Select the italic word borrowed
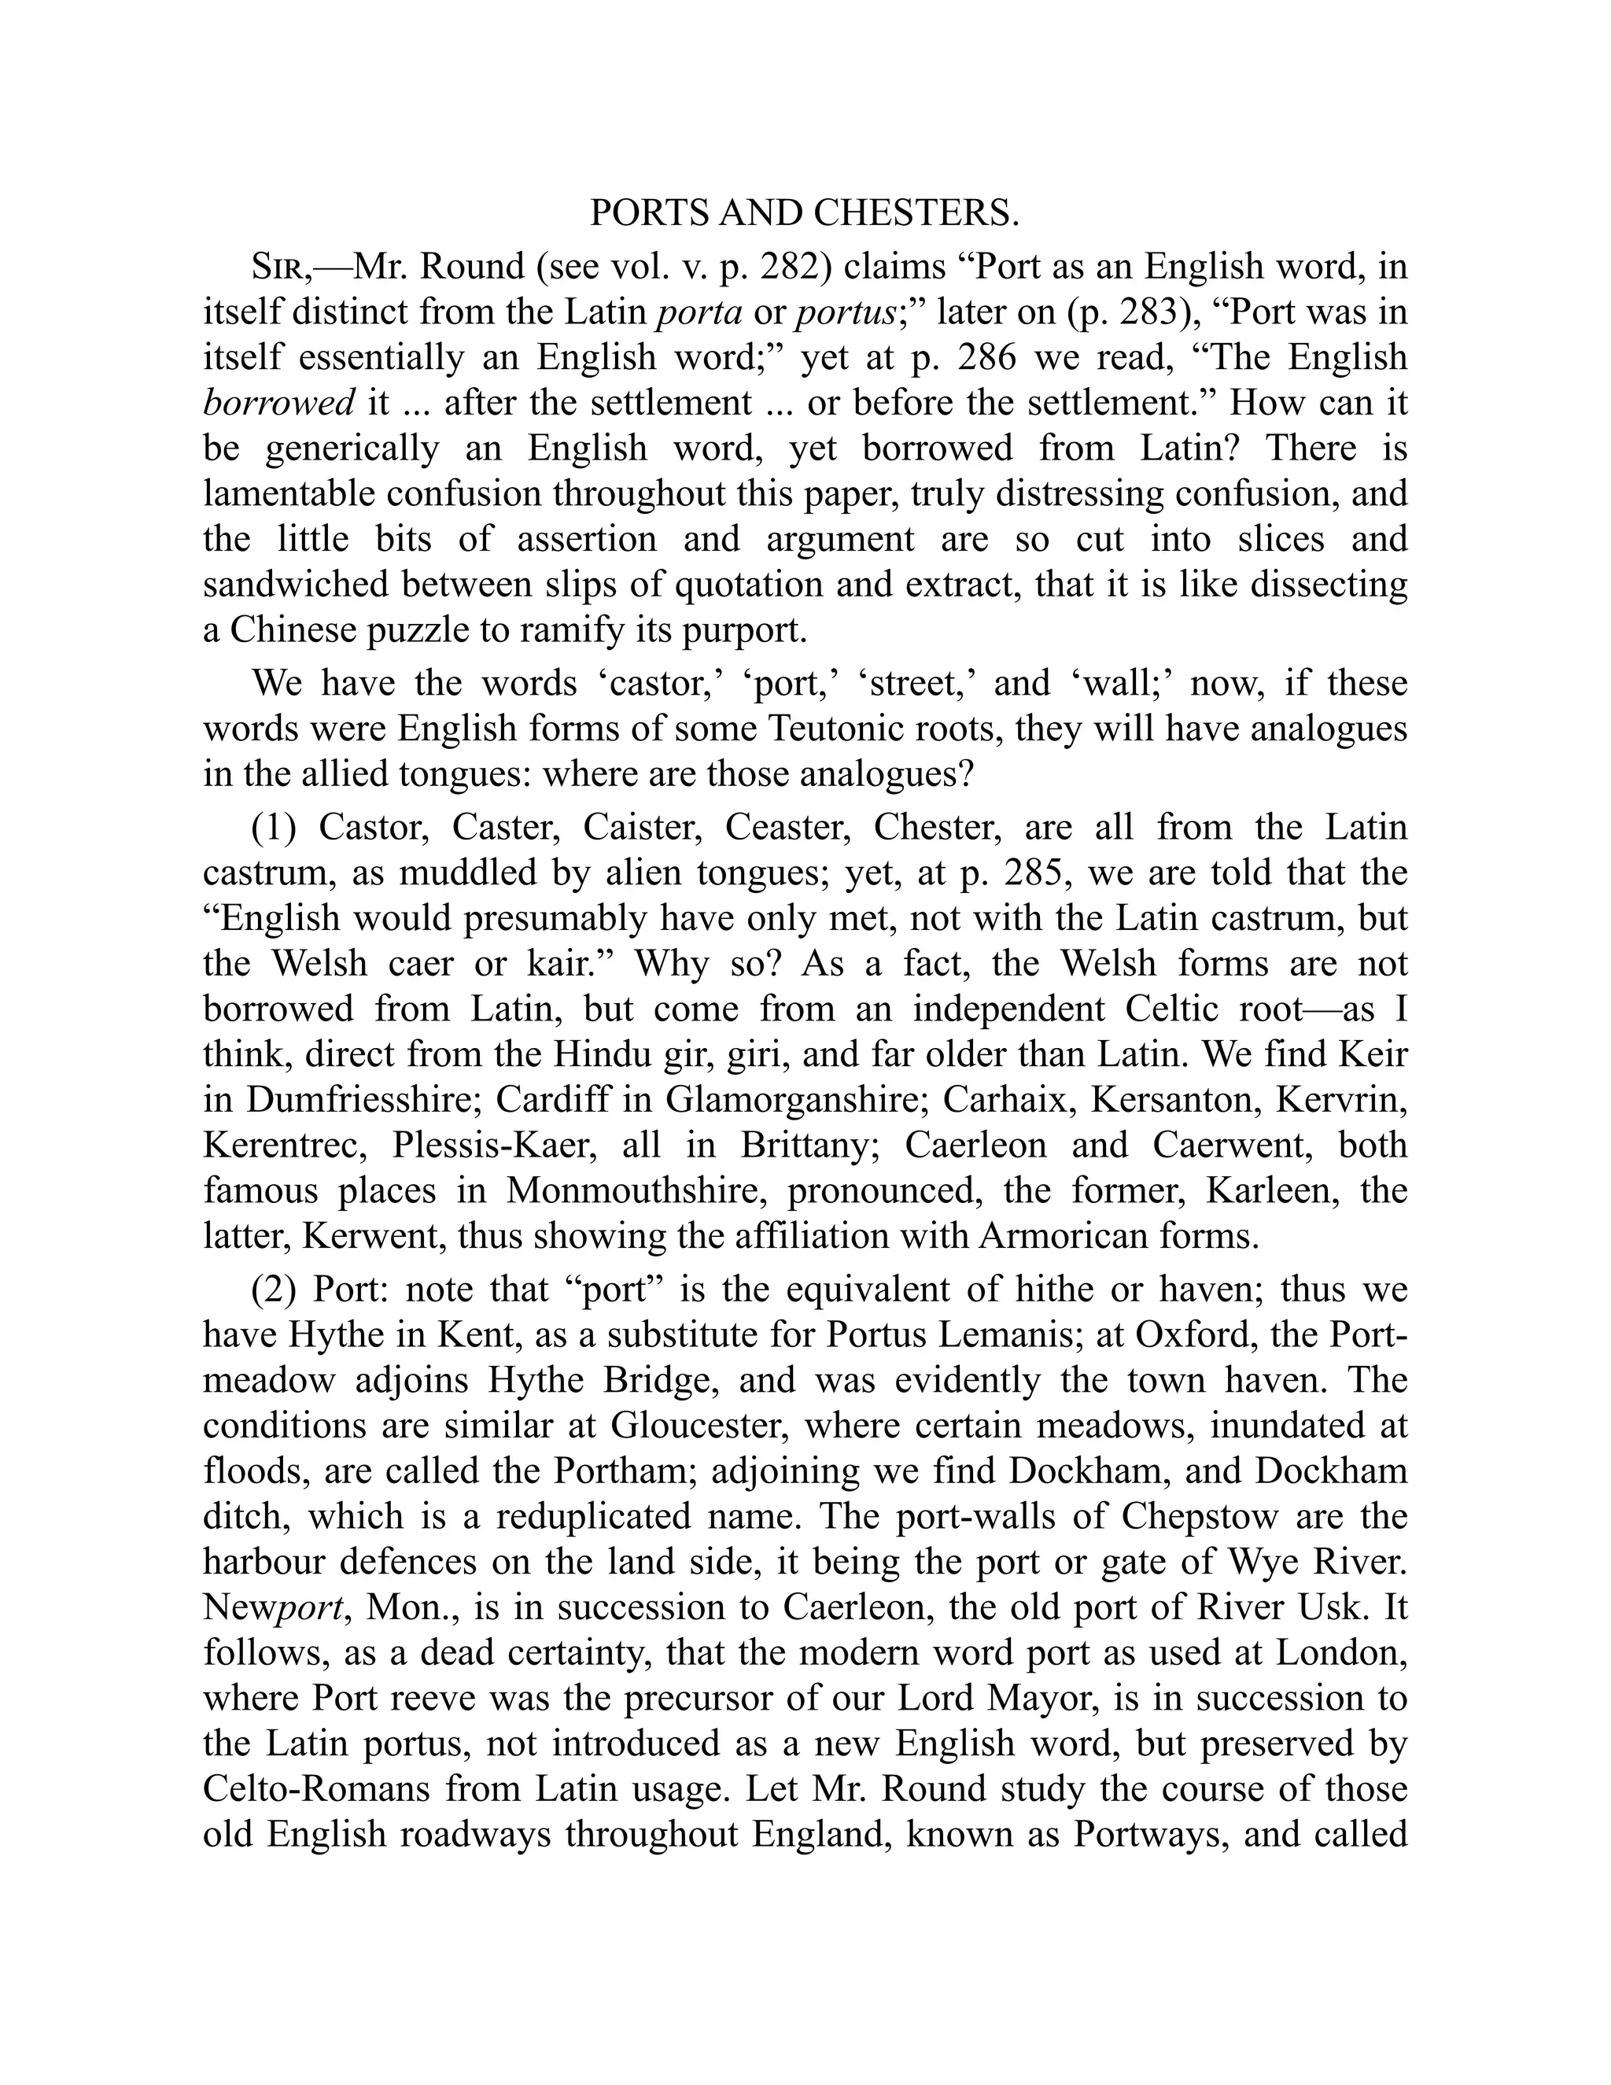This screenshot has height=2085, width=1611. tap(278, 403)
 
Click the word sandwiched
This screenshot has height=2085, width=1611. tap(295, 585)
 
